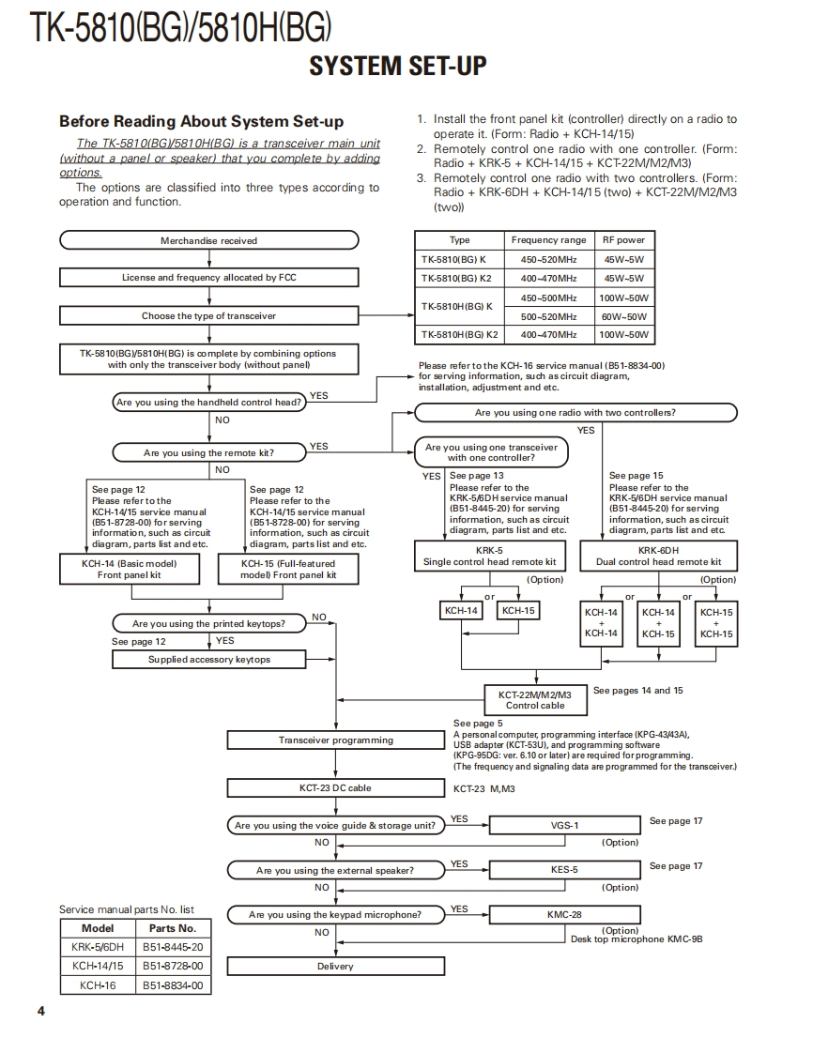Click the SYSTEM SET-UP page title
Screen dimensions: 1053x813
[398, 66]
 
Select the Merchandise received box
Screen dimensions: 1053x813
[208, 240]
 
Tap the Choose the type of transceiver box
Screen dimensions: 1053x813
[208, 315]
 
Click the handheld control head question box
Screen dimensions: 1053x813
[208, 402]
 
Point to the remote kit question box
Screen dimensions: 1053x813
[208, 452]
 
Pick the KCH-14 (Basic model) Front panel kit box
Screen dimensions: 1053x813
[130, 569]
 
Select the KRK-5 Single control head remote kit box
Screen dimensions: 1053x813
[489, 556]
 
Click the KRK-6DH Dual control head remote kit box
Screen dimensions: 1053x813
[658, 556]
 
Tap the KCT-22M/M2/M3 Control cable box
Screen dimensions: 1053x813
[535, 699]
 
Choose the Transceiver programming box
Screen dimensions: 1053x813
[335, 740]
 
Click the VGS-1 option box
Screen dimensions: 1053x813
[564, 825]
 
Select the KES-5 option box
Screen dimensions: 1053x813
[564, 870]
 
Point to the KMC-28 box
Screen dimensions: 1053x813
[564, 914]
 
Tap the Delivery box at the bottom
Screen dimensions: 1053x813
[335, 966]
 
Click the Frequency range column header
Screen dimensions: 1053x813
[548, 240]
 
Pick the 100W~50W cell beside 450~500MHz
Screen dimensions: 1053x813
[623, 298]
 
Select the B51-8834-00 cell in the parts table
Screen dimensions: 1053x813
[173, 985]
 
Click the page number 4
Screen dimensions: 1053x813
[40, 1011]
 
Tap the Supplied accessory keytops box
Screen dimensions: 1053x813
[208, 659]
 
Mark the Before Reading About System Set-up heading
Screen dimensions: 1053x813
[201, 121]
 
